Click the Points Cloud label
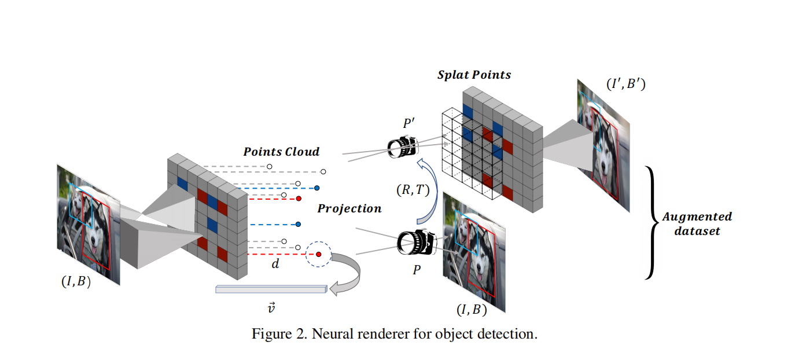tap(281, 152)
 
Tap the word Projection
tap(349, 208)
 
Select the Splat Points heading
tap(474, 75)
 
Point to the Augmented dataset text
tap(697, 223)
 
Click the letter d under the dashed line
tap(275, 265)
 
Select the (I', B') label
tap(626, 85)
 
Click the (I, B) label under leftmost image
tap(76, 283)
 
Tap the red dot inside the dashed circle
tap(318, 254)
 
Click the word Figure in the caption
tap(270, 335)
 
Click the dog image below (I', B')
tap(602, 148)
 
